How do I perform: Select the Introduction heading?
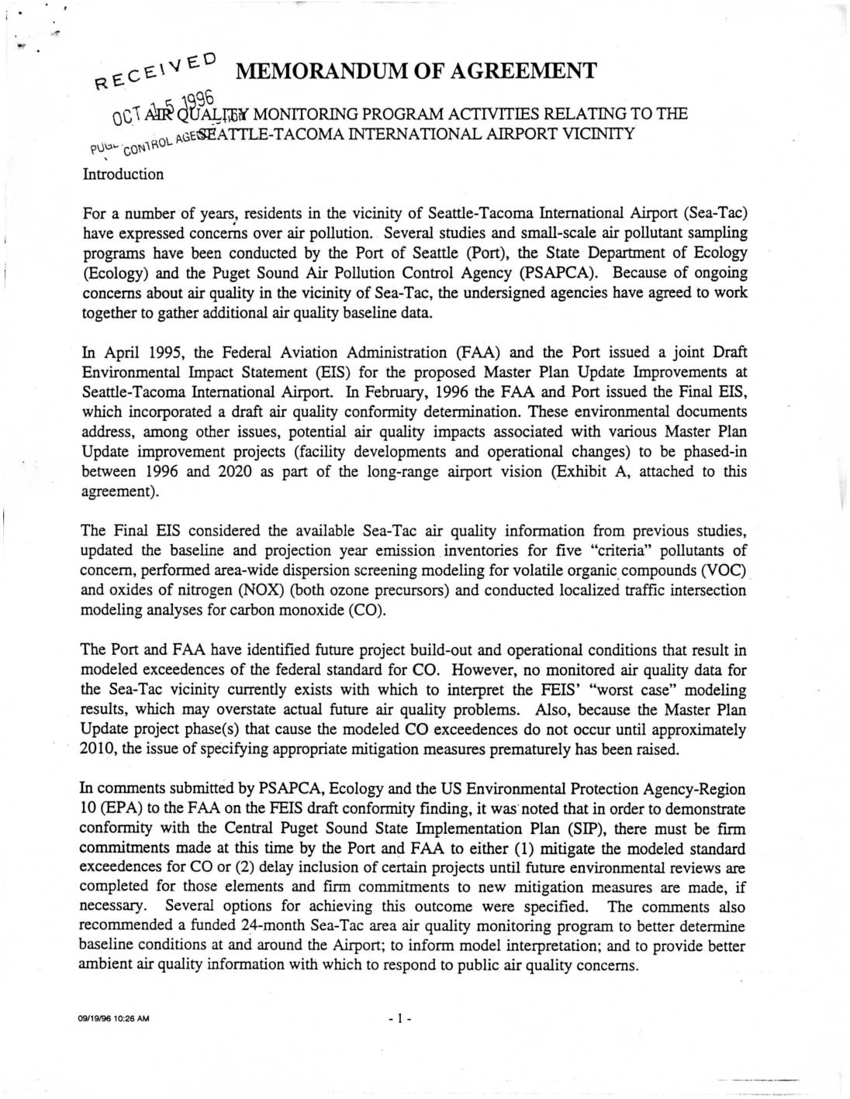tap(123, 174)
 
